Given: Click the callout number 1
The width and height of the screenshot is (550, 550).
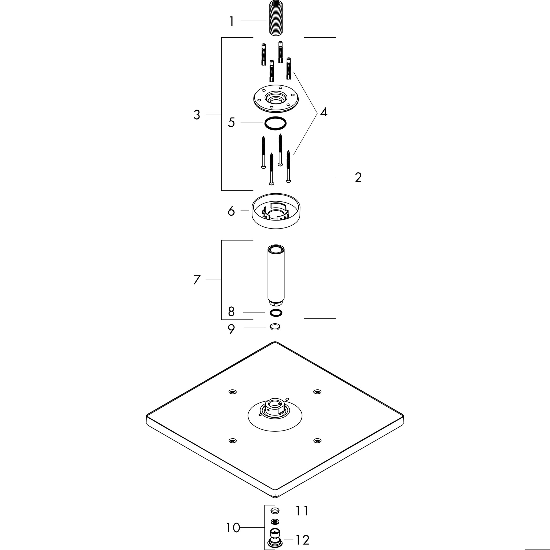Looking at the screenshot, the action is pos(232,21).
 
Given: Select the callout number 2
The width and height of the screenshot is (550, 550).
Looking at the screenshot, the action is pos(358,178).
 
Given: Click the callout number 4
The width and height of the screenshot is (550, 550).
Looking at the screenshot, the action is pos(324,112).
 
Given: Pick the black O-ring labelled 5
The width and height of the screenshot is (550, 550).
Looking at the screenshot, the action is pos(275,123).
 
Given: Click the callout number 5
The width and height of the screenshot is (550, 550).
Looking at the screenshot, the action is pos(231,122).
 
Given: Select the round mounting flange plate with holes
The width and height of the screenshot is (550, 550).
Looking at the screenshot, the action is pos(276,98).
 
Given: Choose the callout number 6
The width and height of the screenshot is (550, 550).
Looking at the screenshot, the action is pos(231,211).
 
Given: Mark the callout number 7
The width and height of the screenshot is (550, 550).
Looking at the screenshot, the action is pos(197,280).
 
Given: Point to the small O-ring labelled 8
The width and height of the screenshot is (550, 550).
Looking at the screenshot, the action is pos(276,313).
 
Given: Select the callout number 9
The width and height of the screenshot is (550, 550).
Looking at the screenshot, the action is pos(231,329).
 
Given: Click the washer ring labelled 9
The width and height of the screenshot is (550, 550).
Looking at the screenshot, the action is pos(275,327).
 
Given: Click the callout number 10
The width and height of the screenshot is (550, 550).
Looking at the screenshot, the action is pos(233,527).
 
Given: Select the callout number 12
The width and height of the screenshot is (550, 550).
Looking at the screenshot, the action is pos(302,540).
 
